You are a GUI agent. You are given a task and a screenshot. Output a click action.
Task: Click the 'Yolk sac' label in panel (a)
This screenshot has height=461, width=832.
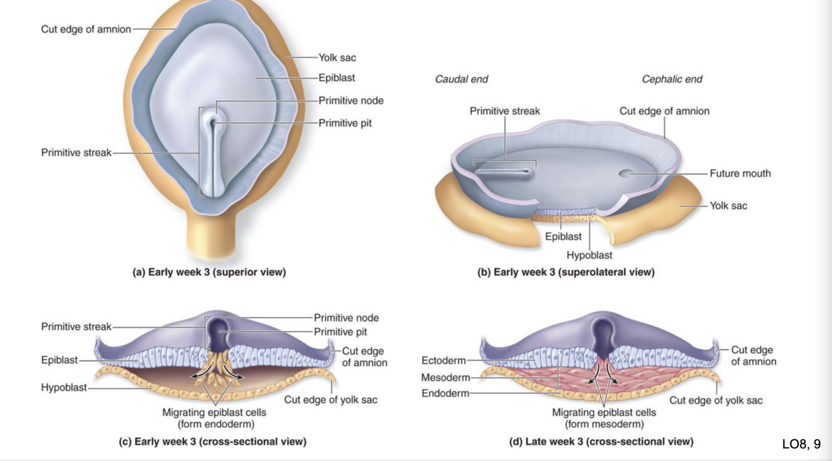[x=337, y=57]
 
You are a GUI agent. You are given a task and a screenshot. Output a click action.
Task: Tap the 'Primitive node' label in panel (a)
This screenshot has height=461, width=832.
[x=351, y=101]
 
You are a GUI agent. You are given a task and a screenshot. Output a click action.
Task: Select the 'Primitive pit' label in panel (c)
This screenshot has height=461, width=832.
[x=340, y=332]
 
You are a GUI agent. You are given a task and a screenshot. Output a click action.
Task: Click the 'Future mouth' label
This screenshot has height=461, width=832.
[x=740, y=174]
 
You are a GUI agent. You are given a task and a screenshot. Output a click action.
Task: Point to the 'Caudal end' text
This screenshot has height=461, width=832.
[x=461, y=79]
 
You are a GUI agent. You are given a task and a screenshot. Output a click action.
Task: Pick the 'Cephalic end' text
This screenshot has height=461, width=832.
[x=672, y=79]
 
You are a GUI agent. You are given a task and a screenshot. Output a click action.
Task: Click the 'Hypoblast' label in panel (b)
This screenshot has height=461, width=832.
[x=589, y=255]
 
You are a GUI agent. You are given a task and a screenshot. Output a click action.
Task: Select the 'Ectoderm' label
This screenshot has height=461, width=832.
[x=443, y=360]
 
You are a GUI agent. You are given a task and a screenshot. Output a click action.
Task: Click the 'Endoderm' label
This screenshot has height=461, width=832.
[x=443, y=393]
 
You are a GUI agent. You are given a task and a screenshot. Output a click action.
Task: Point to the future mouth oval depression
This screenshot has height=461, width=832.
[x=631, y=172]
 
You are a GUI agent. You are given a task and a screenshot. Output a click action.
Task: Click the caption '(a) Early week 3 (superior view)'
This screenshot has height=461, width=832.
[x=209, y=272]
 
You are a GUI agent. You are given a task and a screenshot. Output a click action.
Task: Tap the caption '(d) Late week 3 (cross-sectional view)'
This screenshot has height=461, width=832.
[x=601, y=442]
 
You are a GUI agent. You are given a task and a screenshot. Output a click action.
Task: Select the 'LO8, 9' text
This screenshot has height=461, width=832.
[x=801, y=444]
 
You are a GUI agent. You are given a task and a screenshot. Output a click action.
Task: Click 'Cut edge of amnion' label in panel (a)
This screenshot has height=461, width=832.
[x=86, y=29]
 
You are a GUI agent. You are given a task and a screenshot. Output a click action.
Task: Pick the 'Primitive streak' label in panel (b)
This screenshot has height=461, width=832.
[x=505, y=111]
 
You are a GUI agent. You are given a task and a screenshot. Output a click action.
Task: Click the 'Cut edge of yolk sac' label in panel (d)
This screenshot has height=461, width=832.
[x=716, y=400]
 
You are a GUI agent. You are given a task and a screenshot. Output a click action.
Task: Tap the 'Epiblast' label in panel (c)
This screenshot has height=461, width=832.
[x=59, y=360]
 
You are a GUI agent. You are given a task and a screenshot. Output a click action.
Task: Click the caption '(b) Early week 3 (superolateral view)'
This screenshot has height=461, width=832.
[x=566, y=272]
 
